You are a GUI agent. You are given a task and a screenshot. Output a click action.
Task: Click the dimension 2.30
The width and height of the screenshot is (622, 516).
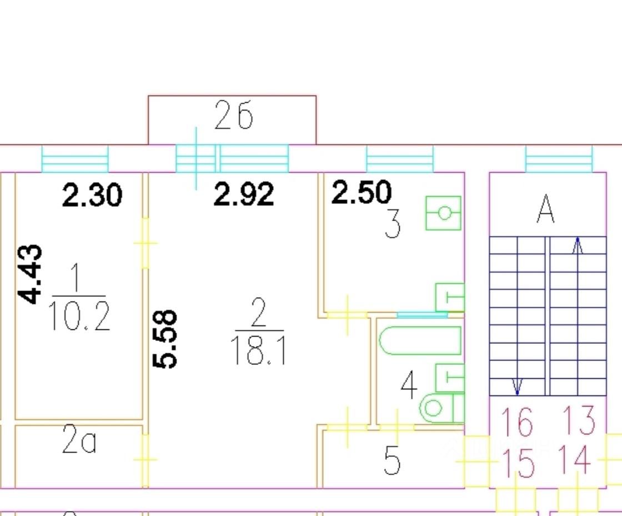[x=92, y=196]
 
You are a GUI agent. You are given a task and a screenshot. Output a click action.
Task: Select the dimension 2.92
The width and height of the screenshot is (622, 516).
[x=244, y=194]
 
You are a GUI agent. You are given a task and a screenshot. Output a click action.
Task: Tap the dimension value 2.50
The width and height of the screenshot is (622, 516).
[x=362, y=192]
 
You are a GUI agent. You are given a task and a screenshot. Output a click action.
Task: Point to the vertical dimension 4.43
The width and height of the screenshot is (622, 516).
[x=30, y=274]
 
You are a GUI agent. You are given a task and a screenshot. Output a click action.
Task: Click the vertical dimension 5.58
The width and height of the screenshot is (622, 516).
[x=165, y=339]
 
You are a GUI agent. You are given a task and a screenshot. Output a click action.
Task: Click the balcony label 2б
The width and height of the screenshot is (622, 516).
[x=233, y=117]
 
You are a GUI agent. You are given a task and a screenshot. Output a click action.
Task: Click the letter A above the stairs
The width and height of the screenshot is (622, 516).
[x=546, y=211]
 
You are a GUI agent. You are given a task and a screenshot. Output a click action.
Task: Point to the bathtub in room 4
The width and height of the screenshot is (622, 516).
[x=420, y=340]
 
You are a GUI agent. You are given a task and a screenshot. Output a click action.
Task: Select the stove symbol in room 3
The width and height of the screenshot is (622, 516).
[x=443, y=213]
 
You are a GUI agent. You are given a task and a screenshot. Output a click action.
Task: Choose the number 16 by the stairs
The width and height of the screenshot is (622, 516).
[x=516, y=422]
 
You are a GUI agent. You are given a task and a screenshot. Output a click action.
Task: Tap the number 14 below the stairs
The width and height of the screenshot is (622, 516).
[x=574, y=460]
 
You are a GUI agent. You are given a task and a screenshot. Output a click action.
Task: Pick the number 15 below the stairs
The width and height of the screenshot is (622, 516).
[x=518, y=463]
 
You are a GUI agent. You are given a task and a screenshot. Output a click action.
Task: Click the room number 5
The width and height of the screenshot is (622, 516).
[x=392, y=460]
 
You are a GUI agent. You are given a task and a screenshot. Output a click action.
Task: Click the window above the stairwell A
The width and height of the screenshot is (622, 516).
[x=559, y=159]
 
